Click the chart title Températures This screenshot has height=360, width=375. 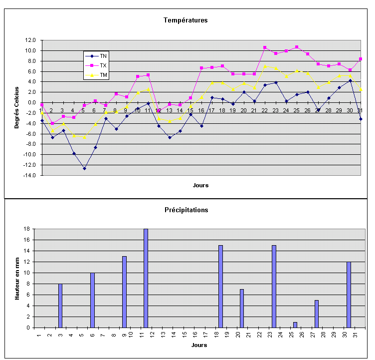point(186,20)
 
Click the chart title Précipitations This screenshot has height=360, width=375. point(187,210)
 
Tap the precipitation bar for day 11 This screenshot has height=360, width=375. point(146,278)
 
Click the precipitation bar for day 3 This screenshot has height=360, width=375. point(60,306)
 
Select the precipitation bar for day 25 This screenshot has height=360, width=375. point(295,325)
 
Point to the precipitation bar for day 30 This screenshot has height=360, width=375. point(349,295)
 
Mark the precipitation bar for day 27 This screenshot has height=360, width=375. point(317,314)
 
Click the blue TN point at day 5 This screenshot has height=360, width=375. point(84,168)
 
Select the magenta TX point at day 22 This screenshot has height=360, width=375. point(265,47)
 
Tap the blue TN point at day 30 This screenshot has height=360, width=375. point(350,80)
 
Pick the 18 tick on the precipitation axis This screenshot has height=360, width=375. point(27,229)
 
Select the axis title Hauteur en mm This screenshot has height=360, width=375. point(16,278)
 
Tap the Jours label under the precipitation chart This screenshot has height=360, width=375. point(199,345)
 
